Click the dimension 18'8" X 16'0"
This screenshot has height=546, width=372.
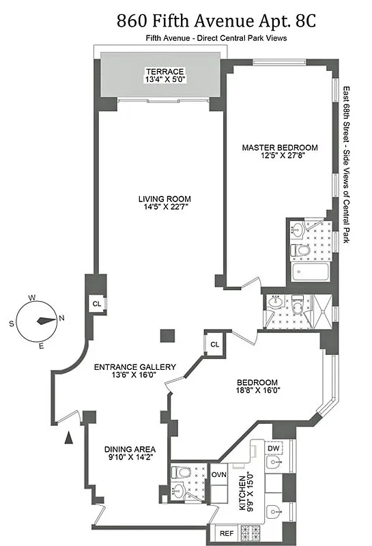point(257,391)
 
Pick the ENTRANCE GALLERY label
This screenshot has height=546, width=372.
point(134,367)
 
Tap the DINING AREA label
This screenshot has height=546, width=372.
point(130,449)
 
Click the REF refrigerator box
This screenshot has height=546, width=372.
point(226,532)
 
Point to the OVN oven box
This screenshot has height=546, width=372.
point(218,474)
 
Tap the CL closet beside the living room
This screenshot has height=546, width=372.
point(97,304)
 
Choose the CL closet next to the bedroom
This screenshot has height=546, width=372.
point(214,344)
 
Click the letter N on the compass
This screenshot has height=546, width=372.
point(61,317)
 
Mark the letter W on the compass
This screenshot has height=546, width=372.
point(32,298)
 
